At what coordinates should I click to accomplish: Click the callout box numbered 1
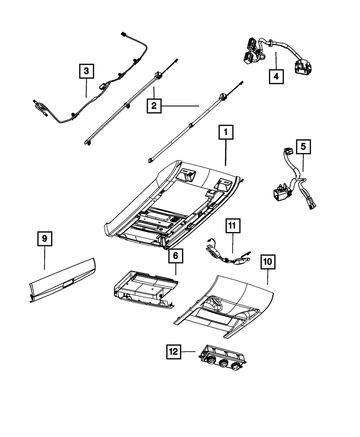(x=226, y=132)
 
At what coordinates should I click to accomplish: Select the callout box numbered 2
(x=154, y=106)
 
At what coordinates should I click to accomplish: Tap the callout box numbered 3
(x=86, y=71)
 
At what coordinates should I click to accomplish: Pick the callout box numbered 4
(x=276, y=77)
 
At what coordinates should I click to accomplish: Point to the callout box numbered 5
(x=303, y=147)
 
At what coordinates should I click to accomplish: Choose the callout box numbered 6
(x=176, y=256)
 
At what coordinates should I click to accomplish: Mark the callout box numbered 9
(x=45, y=239)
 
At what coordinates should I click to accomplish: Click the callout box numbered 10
(x=268, y=262)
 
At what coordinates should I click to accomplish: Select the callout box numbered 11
(x=233, y=226)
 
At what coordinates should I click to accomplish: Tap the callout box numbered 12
(x=174, y=352)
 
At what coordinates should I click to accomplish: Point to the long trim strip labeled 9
(x=62, y=280)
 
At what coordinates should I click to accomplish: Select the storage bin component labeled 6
(x=146, y=290)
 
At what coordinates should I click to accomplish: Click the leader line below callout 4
(x=276, y=61)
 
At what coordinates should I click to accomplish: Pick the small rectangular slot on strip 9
(x=67, y=284)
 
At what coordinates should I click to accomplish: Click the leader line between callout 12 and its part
(x=188, y=352)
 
